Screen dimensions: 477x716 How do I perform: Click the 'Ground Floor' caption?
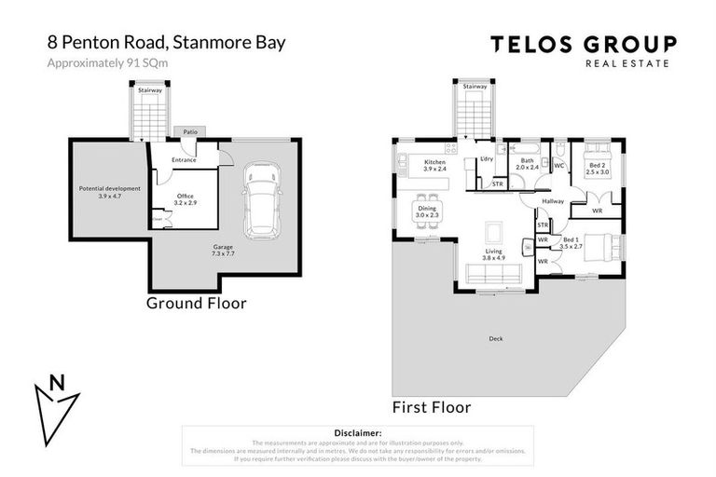pos(197,303)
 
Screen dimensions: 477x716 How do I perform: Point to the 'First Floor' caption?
pos(432,407)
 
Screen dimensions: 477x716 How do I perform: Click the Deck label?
pos(495,338)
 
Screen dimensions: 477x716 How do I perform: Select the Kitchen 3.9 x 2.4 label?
pos(434,166)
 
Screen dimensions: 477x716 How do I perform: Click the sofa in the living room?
pos(493,274)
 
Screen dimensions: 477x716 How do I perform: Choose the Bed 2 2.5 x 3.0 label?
pos(597,169)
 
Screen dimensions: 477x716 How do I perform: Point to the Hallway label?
pos(554,200)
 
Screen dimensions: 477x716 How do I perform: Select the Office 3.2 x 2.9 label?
pos(186,198)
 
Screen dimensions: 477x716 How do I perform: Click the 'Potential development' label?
pos(110,192)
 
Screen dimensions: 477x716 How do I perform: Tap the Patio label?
pos(189,132)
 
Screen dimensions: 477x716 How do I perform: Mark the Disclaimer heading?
pos(357,433)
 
